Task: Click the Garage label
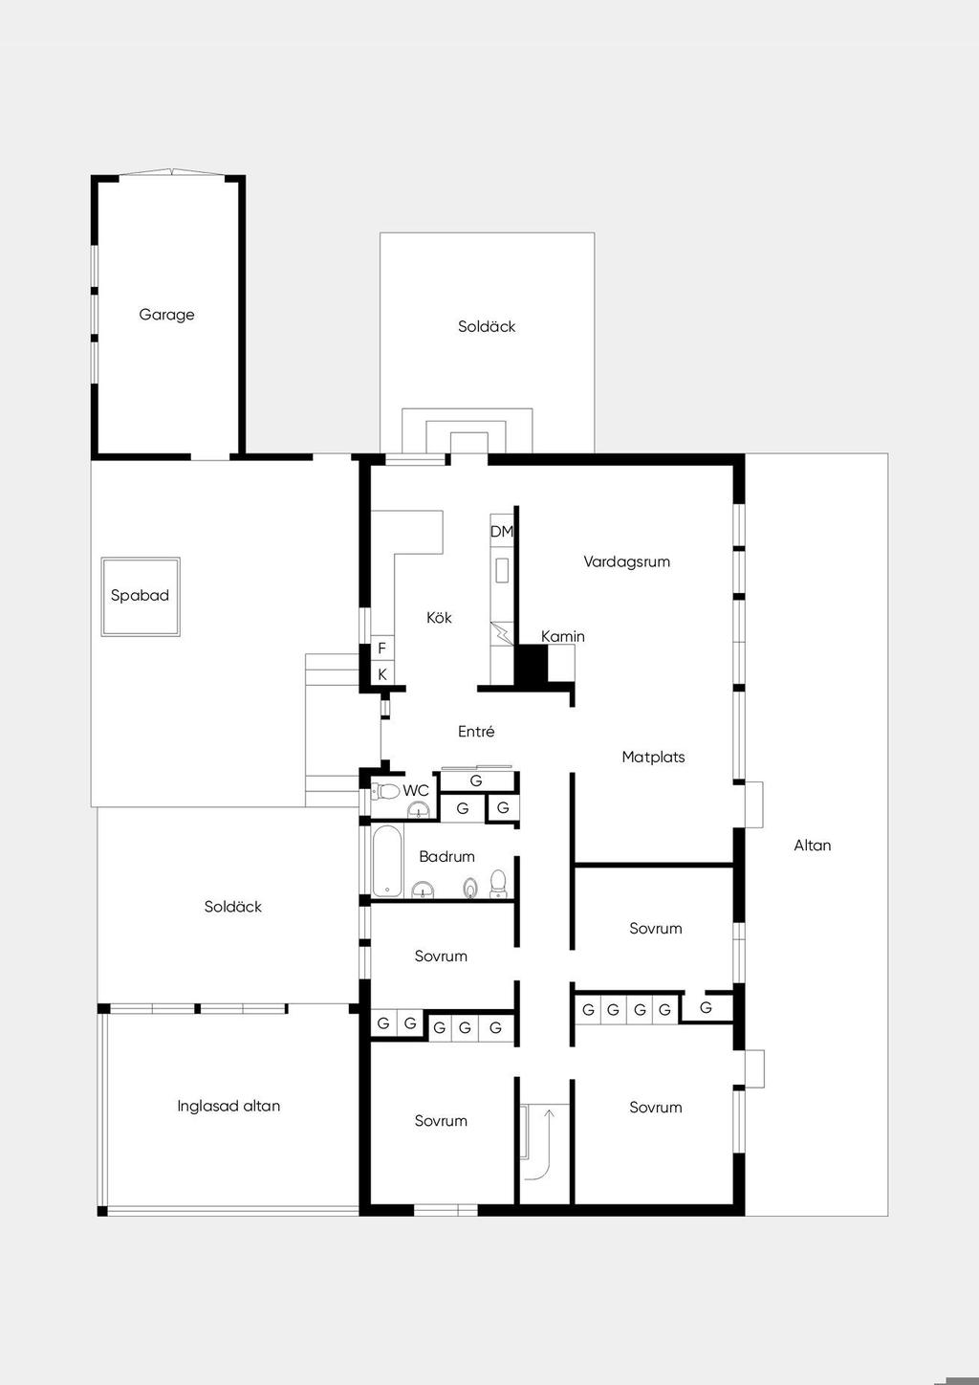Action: click(166, 315)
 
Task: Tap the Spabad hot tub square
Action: click(141, 597)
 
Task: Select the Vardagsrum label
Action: click(627, 561)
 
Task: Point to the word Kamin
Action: click(562, 636)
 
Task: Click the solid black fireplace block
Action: click(532, 666)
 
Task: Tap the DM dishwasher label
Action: click(501, 531)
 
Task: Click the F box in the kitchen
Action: click(382, 648)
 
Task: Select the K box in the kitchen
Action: click(382, 674)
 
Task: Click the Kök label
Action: click(439, 617)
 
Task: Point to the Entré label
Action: click(476, 732)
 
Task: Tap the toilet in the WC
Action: click(385, 790)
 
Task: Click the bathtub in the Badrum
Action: click(387, 861)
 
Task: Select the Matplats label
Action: click(653, 757)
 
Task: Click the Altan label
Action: click(812, 846)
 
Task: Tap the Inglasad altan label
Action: click(228, 1106)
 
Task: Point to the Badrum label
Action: click(446, 856)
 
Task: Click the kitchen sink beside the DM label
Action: click(502, 570)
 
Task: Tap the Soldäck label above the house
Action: click(487, 326)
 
